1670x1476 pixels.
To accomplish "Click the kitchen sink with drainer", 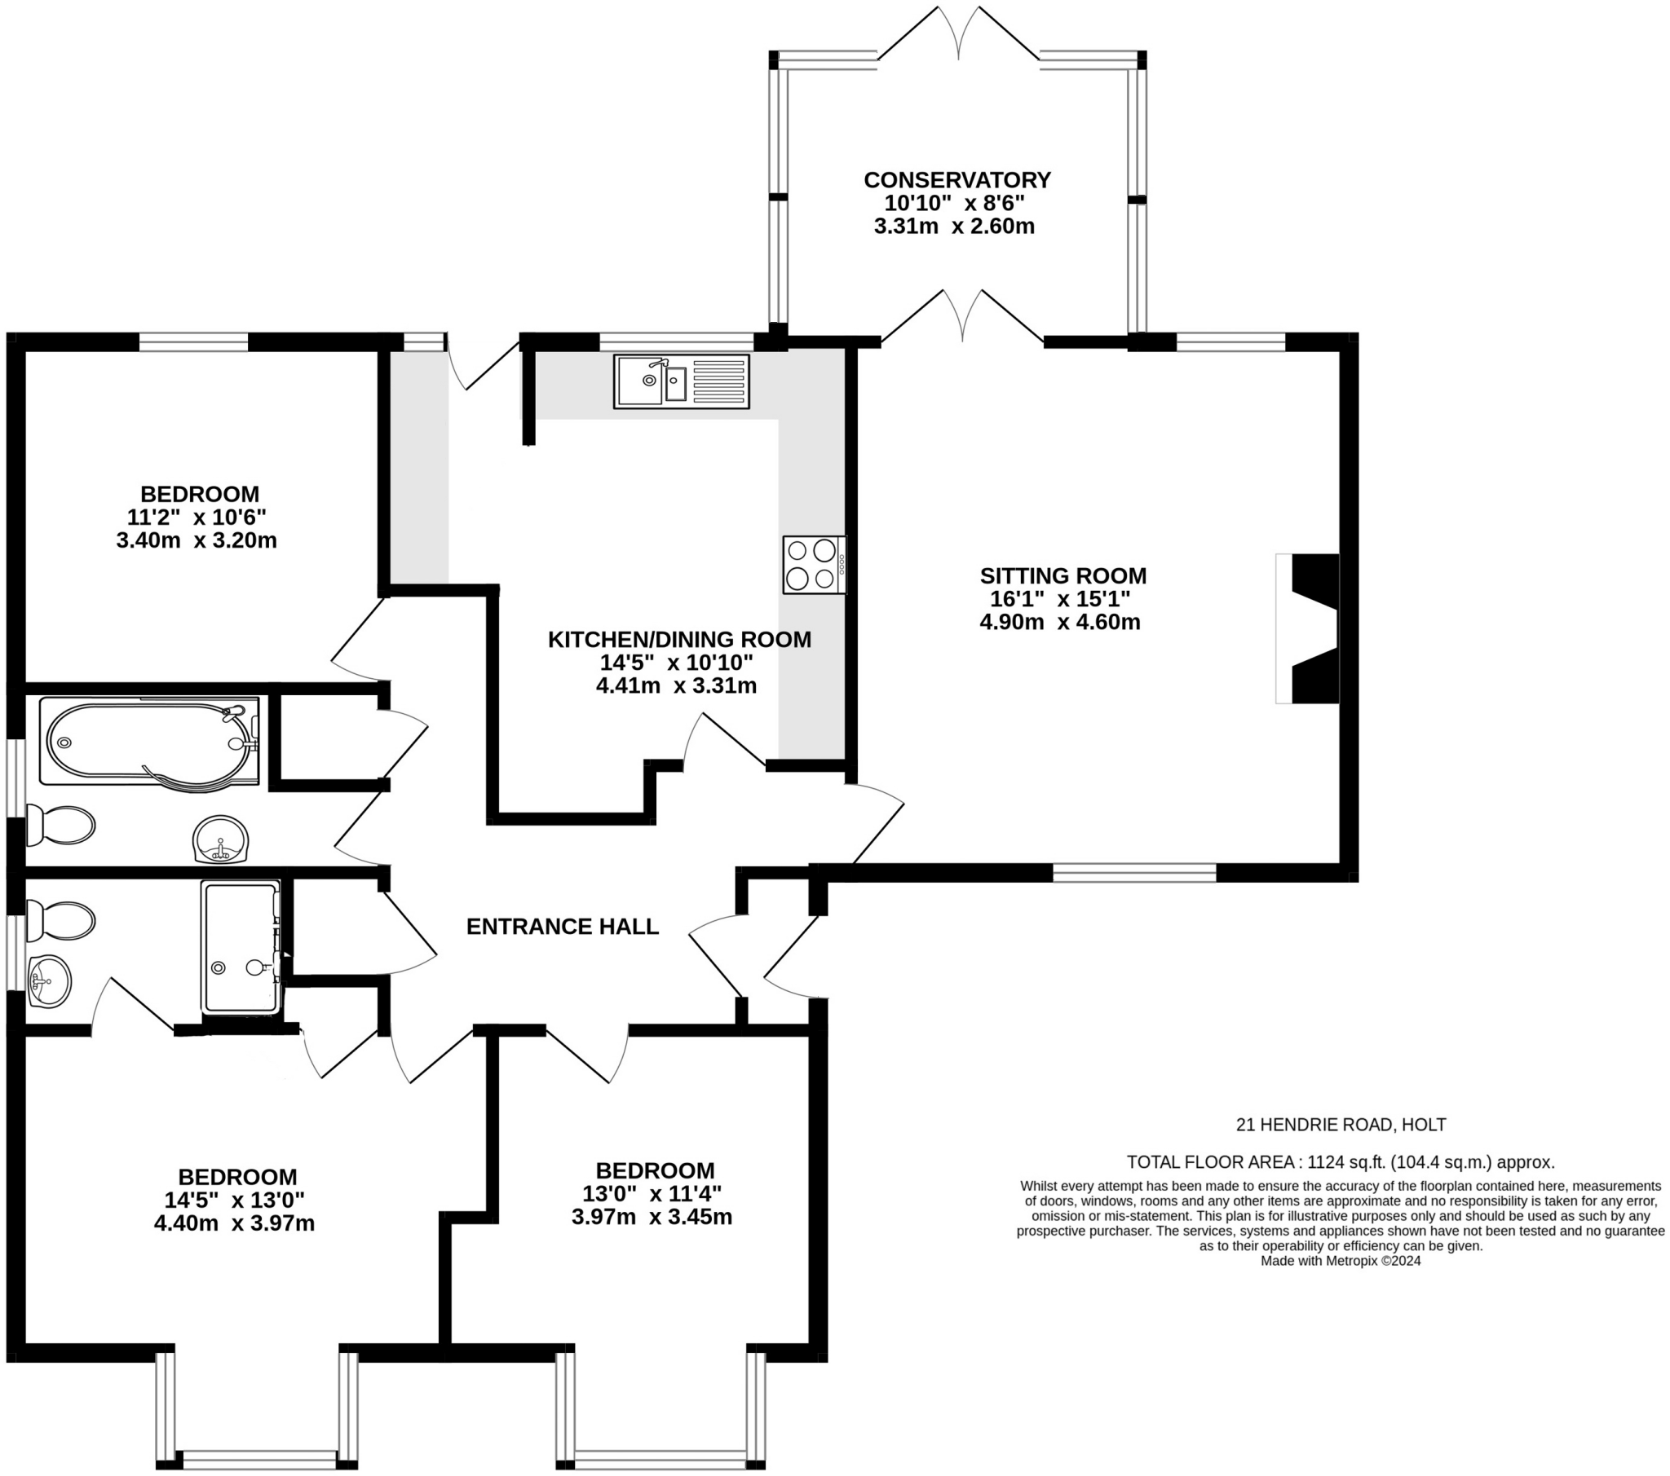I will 681,381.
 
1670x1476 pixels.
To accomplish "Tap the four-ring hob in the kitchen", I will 814,565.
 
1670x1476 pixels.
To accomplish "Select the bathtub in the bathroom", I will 148,742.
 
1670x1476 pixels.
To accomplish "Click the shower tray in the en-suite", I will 241,947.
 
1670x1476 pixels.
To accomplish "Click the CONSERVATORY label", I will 956,179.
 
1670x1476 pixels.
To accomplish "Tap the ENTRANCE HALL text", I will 562,927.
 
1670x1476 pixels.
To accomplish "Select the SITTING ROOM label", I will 1063,576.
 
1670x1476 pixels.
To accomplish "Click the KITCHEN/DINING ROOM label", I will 679,640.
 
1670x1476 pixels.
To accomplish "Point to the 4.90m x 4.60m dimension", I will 1060,623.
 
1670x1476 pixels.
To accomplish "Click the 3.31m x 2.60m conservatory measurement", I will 954,227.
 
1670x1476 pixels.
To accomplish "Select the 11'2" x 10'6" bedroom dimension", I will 197,517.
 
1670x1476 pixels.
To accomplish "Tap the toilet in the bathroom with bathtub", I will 60,825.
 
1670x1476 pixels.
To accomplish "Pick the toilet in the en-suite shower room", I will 60,920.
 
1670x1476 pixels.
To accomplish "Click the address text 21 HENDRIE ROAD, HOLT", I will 1341,1125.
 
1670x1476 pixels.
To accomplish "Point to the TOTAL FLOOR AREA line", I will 1340,1162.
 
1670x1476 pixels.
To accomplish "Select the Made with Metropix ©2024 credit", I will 1340,1260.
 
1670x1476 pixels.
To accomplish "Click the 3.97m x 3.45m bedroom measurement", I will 652,1217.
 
